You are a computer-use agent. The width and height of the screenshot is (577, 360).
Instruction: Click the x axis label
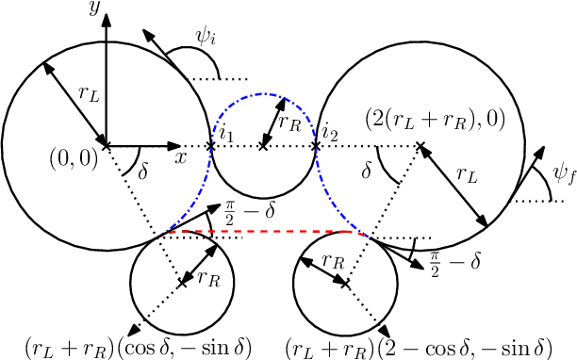click(180, 158)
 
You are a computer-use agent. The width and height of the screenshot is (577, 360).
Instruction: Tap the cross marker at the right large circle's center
click(418, 146)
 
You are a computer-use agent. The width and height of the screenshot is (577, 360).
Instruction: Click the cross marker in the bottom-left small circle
click(180, 282)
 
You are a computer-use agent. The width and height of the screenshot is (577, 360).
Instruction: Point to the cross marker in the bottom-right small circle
click(345, 282)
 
